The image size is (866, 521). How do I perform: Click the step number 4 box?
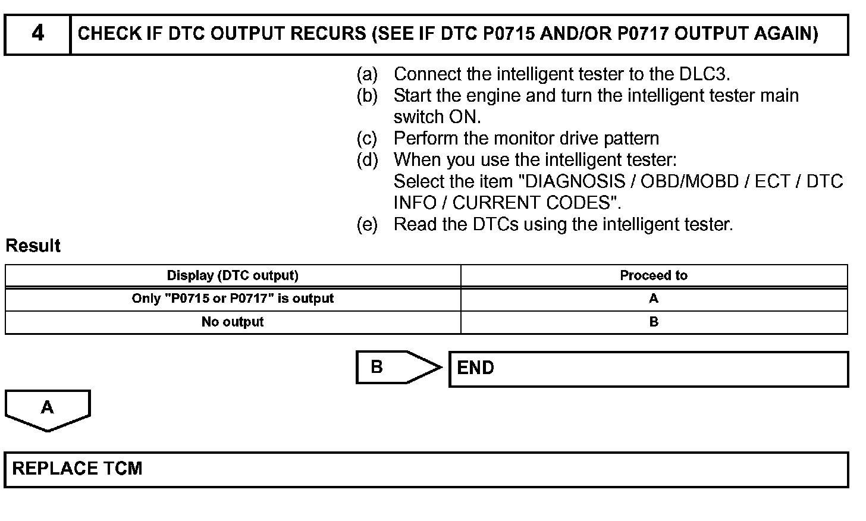tap(37, 34)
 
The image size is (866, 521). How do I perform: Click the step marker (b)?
tap(367, 96)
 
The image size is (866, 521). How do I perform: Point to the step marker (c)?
tap(367, 139)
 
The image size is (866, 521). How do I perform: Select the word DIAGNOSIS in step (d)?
tap(572, 181)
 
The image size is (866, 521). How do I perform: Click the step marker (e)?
tap(367, 224)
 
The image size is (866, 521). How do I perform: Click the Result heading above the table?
tap(33, 246)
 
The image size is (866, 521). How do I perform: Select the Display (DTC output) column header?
tap(233, 275)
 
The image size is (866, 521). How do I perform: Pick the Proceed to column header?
tap(654, 275)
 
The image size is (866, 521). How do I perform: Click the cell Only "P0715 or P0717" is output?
tap(233, 299)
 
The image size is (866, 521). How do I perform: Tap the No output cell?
tap(233, 322)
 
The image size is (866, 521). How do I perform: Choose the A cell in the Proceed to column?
tap(654, 299)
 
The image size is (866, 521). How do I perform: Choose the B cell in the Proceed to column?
tap(654, 322)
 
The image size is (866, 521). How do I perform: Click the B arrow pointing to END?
tap(393, 367)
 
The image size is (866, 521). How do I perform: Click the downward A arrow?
tap(48, 409)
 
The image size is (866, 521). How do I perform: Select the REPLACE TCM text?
tap(77, 469)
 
